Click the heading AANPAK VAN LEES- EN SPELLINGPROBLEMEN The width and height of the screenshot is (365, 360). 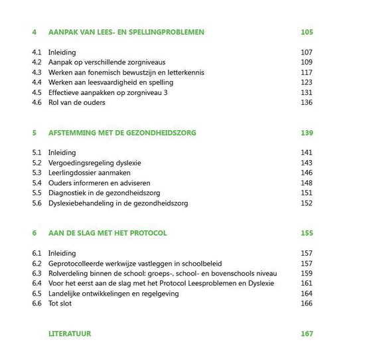(126, 32)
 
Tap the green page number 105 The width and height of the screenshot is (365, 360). (306, 32)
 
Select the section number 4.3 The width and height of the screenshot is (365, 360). (37, 72)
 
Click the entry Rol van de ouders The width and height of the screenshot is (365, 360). (76, 102)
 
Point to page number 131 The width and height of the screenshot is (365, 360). (306, 92)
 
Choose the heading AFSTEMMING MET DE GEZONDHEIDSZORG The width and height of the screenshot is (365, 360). (122, 133)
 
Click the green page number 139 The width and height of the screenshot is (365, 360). (306, 133)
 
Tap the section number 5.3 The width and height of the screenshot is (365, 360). (37, 173)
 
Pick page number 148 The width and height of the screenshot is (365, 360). (306, 183)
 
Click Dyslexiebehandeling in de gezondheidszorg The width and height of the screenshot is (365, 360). (116, 203)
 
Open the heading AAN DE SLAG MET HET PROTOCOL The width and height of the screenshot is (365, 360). (108, 233)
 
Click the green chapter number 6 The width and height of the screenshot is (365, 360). (34, 233)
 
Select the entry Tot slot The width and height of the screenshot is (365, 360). (60, 304)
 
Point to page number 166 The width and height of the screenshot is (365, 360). (306, 304)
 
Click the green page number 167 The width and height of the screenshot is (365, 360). (306, 333)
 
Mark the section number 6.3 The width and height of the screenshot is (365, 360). (37, 274)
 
